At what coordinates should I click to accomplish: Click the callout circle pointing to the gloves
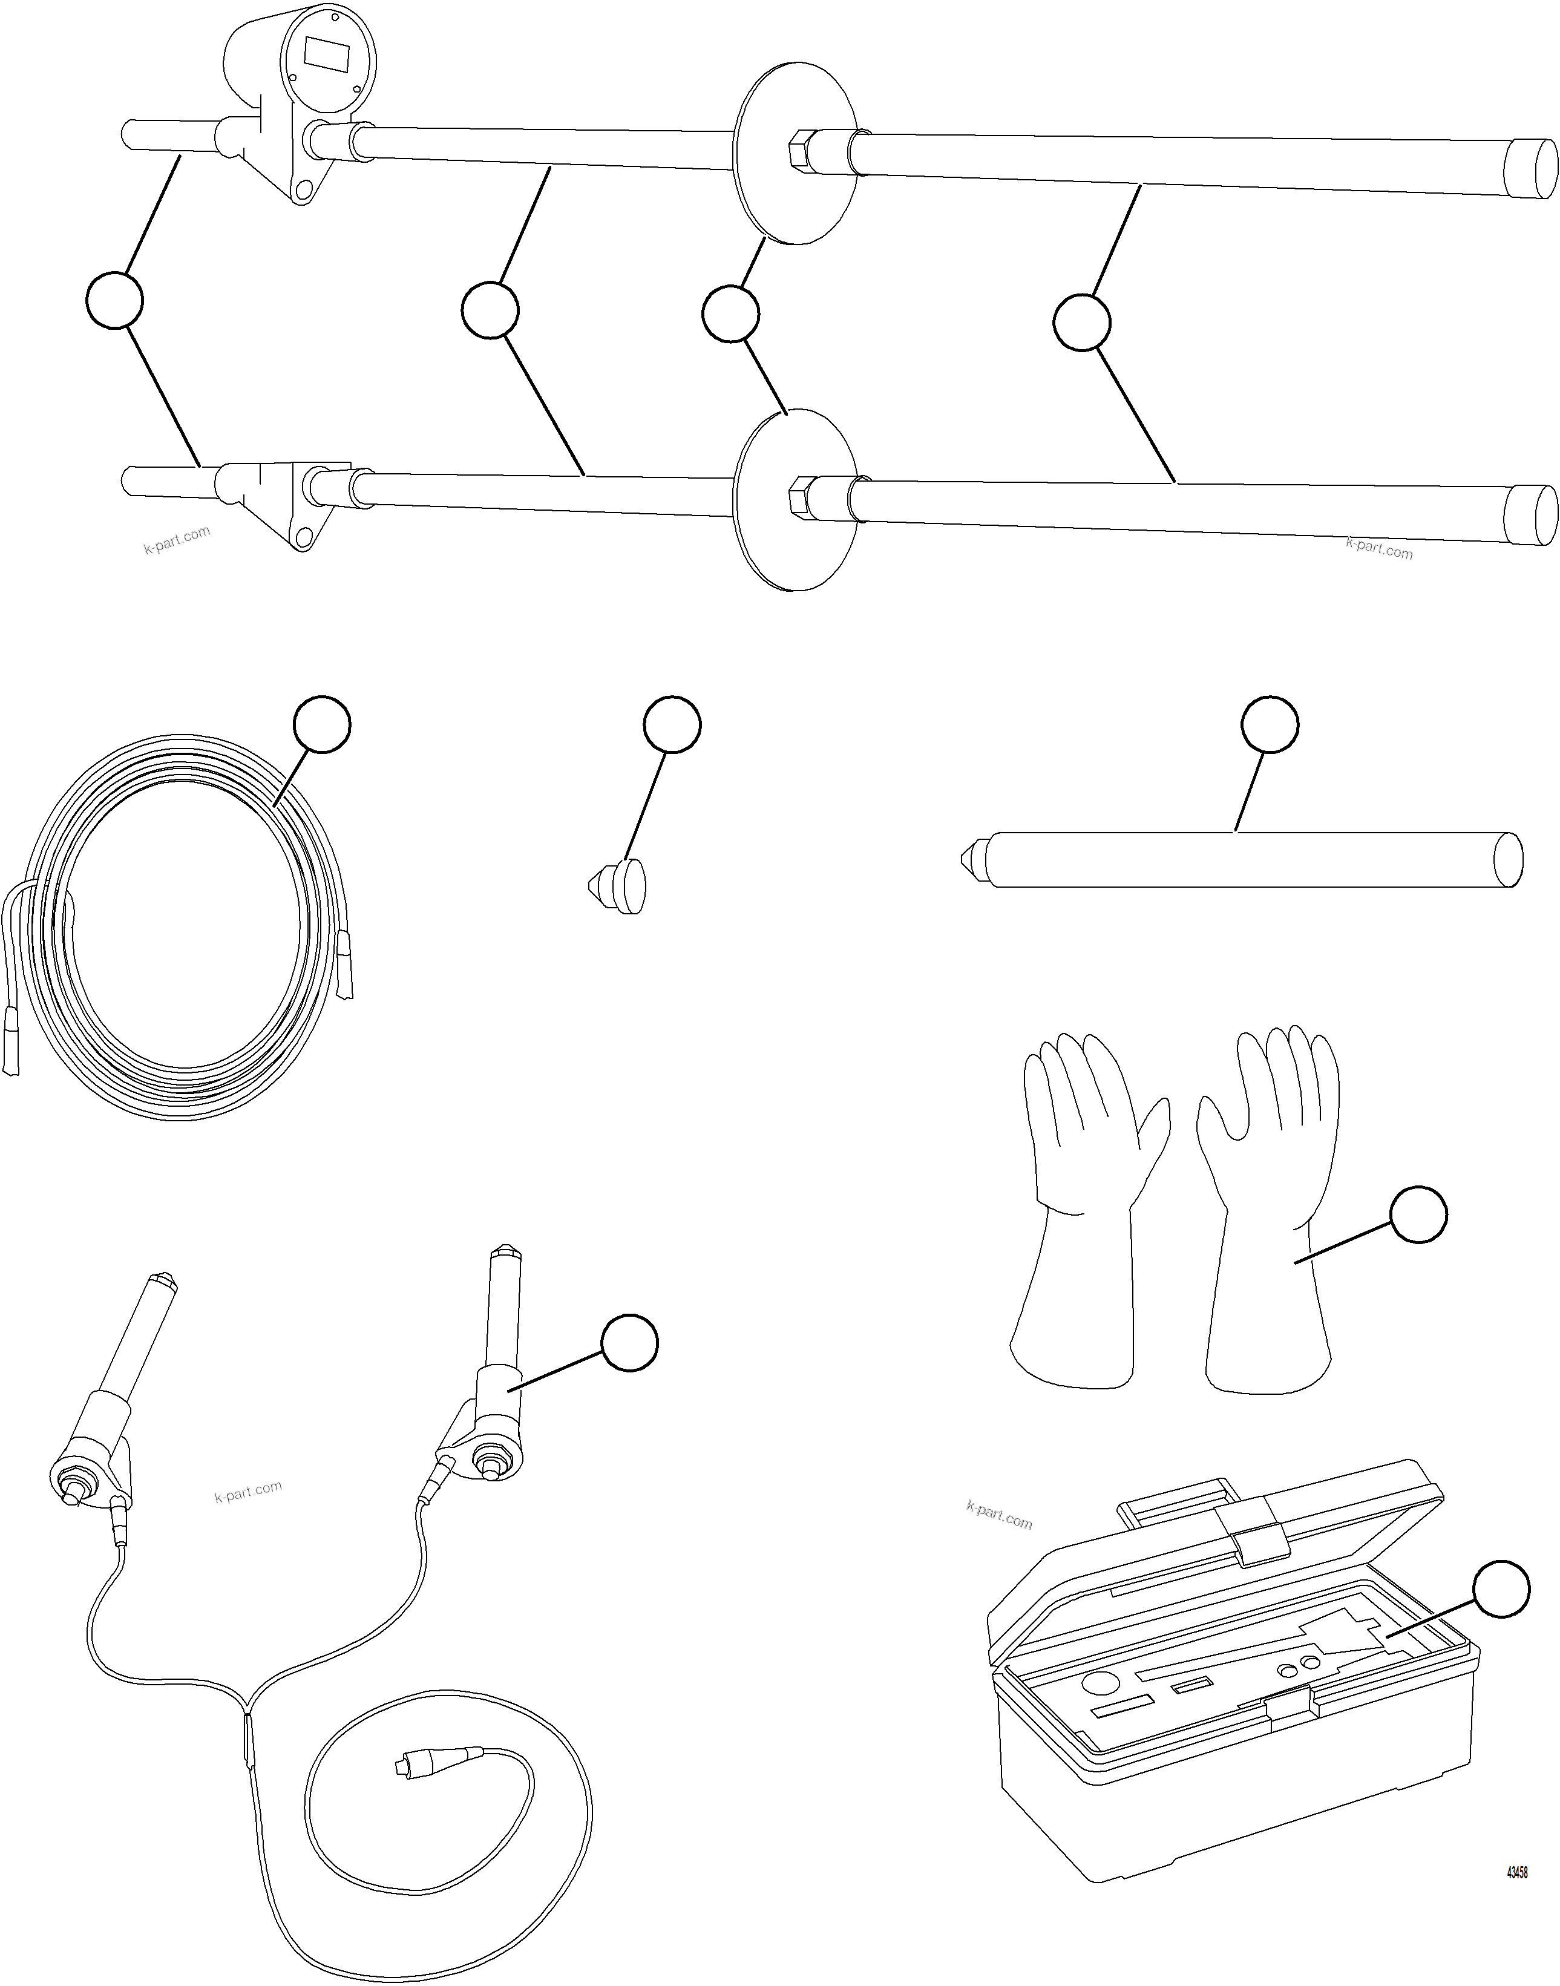click(1418, 1214)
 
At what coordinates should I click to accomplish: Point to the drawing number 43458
click(1516, 1873)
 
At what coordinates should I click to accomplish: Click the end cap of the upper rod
click(1533, 168)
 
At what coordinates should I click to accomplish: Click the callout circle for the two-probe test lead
click(629, 1342)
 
